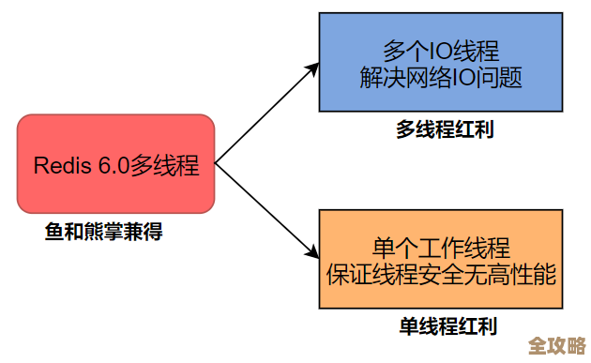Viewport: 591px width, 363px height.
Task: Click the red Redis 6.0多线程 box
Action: (116, 165)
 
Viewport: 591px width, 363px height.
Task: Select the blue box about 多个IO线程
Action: (440, 62)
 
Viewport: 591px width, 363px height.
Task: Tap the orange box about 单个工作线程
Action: (440, 260)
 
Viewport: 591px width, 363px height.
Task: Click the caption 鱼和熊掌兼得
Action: (104, 231)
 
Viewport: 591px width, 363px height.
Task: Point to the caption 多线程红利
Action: (444, 129)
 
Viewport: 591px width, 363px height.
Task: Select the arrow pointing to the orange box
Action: (267, 211)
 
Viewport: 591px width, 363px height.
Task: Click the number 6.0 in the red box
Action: (113, 167)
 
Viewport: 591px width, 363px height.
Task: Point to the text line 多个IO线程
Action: (441, 49)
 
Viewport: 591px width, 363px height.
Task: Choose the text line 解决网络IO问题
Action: (440, 76)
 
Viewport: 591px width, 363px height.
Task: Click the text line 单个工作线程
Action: (441, 248)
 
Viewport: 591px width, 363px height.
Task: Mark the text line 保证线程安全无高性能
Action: (441, 275)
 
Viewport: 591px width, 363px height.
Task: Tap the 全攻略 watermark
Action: (556, 344)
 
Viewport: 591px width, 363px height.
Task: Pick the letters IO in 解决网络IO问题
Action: (464, 76)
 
